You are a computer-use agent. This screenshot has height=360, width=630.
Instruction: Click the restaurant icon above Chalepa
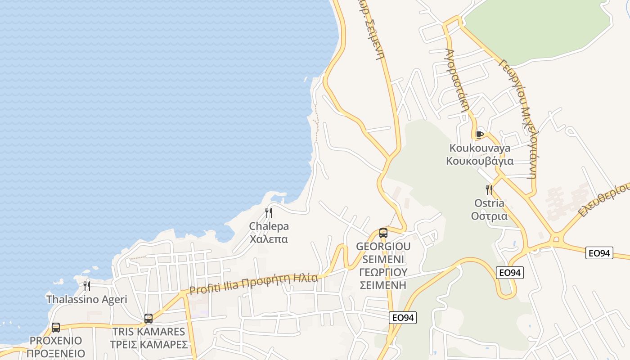click(x=269, y=212)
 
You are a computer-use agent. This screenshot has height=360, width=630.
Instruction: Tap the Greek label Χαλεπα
click(x=269, y=239)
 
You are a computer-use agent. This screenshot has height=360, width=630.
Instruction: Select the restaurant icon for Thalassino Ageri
click(x=87, y=286)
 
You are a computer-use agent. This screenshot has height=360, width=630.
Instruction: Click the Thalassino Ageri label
click(x=87, y=299)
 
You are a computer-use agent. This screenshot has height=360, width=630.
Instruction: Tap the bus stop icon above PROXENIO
click(x=56, y=327)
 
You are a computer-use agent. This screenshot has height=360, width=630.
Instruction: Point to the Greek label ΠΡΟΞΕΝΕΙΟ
click(x=56, y=353)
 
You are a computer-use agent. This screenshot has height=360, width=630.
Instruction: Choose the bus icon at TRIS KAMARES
click(x=148, y=319)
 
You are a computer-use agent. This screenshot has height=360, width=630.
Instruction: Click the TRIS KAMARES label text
click(x=148, y=332)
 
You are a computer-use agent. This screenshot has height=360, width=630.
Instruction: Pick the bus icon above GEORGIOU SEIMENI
click(x=383, y=233)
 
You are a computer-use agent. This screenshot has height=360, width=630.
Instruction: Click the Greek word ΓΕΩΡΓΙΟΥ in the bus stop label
click(x=383, y=272)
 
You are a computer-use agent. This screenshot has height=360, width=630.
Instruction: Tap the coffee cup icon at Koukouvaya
click(x=480, y=134)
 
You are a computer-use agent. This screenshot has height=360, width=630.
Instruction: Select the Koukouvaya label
click(x=480, y=148)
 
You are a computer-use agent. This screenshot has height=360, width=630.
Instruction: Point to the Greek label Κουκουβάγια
click(x=480, y=161)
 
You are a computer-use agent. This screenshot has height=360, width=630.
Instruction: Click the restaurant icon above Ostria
click(x=489, y=189)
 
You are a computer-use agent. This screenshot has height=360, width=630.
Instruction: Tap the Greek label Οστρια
click(x=489, y=216)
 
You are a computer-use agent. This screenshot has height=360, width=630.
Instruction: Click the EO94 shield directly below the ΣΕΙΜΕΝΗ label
click(x=403, y=318)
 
